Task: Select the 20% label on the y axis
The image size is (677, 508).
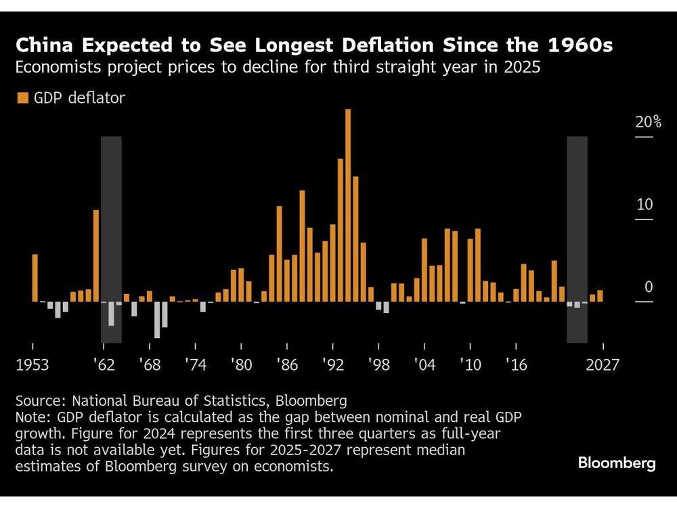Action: (648, 123)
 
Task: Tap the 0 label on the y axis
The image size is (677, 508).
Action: (649, 287)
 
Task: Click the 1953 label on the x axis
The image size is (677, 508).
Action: (32, 365)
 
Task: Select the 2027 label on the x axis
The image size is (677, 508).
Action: (603, 365)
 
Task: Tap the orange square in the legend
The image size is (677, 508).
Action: (22, 98)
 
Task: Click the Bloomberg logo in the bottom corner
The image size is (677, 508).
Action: (617, 463)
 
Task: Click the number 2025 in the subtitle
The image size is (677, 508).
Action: (523, 68)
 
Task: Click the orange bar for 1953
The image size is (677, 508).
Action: (35, 278)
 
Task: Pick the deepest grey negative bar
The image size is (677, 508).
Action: (157, 320)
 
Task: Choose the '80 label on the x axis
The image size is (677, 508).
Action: (241, 365)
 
